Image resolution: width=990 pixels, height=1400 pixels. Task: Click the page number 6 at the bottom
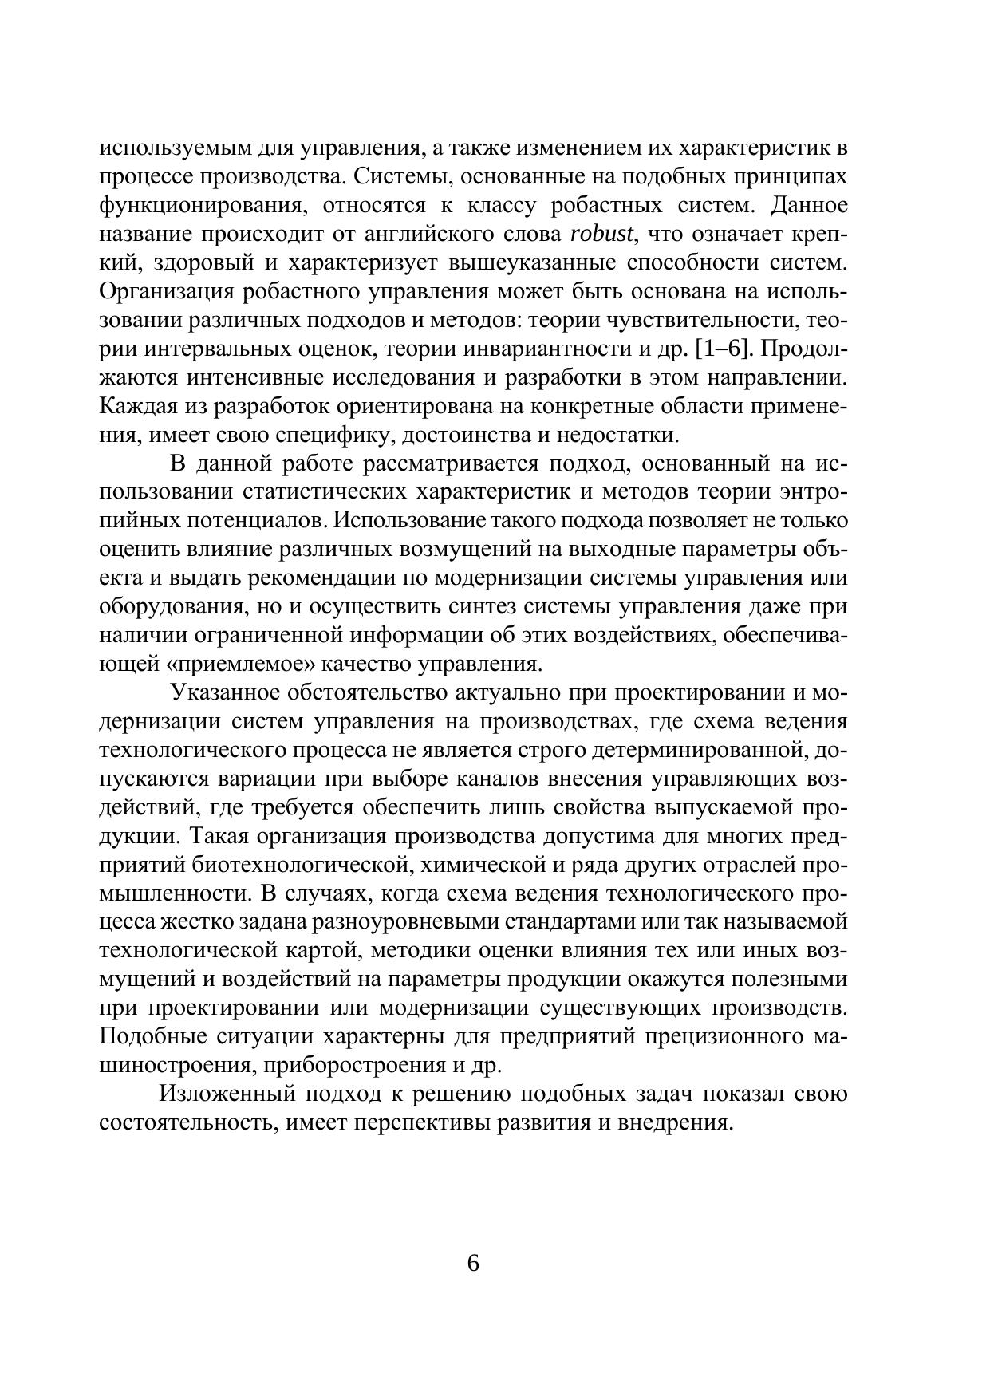473,1264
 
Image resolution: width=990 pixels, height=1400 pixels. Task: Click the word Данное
809,206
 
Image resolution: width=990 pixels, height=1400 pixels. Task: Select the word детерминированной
676,751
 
